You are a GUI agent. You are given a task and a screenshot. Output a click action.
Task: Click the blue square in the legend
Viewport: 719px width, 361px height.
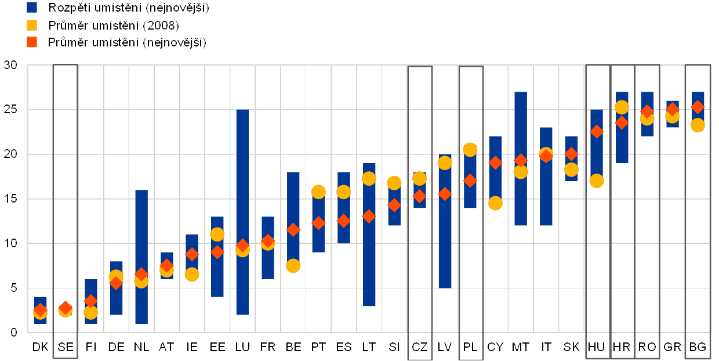tap(32, 8)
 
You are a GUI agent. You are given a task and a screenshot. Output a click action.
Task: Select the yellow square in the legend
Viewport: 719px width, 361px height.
tap(32, 25)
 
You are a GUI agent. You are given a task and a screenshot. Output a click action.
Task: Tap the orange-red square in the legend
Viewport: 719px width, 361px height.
tap(32, 42)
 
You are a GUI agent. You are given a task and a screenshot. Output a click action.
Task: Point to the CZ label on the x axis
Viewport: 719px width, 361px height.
tap(420, 347)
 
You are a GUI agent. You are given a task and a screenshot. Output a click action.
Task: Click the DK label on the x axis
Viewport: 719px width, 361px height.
tap(40, 347)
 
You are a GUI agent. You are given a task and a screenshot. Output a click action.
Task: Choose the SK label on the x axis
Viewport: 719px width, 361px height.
tap(572, 347)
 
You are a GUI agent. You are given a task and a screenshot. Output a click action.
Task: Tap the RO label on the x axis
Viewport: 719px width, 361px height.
tap(648, 347)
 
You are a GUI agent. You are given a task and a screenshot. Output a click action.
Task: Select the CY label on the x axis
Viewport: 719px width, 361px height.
tap(496, 347)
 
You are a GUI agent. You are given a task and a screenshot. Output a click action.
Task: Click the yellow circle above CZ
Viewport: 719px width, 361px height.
tap(420, 179)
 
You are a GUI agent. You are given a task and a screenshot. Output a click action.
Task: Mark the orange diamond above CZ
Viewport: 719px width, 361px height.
tap(420, 197)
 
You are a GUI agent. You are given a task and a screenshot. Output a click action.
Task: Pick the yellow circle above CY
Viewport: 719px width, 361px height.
tap(495, 203)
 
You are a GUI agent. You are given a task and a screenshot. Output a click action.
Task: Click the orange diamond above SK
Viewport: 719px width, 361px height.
tap(572, 154)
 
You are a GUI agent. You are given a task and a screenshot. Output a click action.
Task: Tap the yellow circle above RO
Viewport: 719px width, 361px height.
tap(647, 118)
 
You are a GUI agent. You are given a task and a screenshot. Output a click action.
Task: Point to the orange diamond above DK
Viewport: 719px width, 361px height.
tap(40, 310)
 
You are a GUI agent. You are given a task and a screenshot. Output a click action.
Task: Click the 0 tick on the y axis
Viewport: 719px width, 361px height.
tap(14, 333)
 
